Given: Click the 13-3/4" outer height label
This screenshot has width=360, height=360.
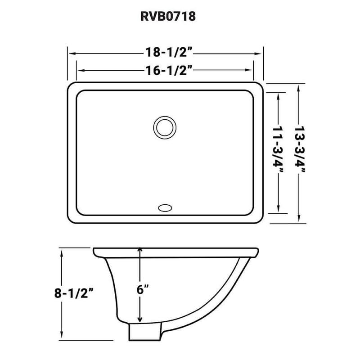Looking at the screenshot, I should pos(298,152).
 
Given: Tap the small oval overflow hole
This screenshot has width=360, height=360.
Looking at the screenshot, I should pos(165,207).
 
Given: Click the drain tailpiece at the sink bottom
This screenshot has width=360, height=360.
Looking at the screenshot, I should pos(144,333).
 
